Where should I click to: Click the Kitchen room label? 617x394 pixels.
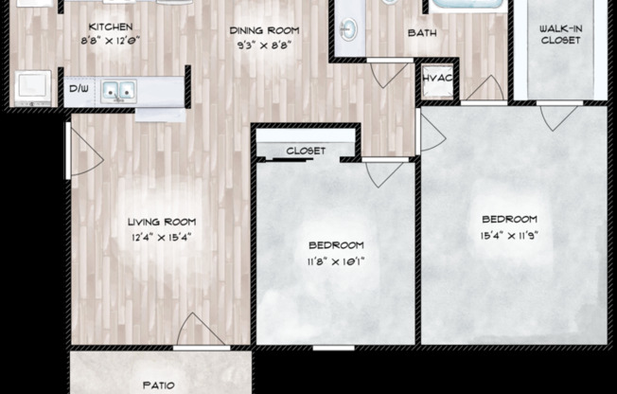click(110, 27)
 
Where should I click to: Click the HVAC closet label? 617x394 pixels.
click(437, 78)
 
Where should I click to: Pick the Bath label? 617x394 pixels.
click(421, 33)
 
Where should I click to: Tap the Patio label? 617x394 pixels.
click(159, 385)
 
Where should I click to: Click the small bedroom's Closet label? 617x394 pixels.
click(305, 151)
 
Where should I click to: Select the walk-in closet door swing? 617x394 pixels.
click(558, 115)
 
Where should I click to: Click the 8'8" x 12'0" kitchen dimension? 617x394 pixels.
click(110, 41)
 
